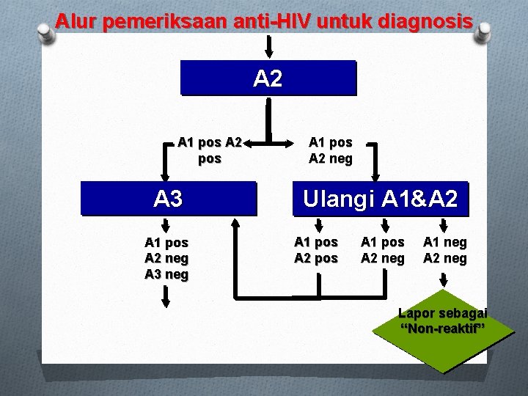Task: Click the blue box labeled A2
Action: click(x=268, y=78)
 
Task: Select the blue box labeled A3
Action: click(x=169, y=198)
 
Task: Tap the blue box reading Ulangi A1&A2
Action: click(x=379, y=198)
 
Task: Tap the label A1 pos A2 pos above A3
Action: click(x=209, y=150)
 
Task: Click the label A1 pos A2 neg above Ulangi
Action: click(x=330, y=150)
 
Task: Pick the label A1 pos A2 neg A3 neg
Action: click(x=166, y=258)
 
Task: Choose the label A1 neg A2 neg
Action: click(x=444, y=250)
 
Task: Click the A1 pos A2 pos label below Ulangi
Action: click(x=316, y=250)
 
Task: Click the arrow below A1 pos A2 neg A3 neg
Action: click(x=166, y=296)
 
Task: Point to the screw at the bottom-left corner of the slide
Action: click(x=45, y=359)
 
